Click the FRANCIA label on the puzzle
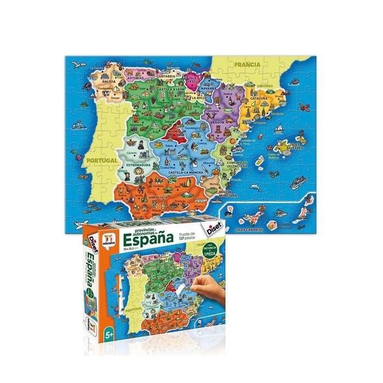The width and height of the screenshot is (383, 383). (247, 65)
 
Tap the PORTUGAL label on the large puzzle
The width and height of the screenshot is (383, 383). (102, 160)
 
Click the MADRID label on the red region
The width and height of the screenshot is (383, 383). (173, 132)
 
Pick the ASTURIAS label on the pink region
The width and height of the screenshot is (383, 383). (135, 78)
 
